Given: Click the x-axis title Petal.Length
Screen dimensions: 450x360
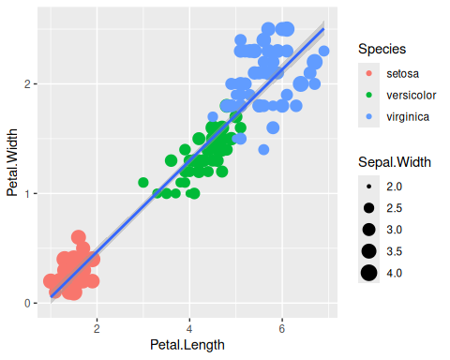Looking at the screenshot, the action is pyautogui.click(x=187, y=345).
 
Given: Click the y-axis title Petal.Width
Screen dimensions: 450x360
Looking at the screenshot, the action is pyautogui.click(x=12, y=162).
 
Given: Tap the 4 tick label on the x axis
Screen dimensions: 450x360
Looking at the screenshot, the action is pyautogui.click(x=189, y=329).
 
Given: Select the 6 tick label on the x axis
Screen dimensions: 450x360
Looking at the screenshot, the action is pyautogui.click(x=282, y=329).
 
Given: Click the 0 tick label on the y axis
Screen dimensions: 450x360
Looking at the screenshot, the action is pyautogui.click(x=27, y=303).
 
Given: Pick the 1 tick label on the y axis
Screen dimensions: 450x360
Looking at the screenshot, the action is pyautogui.click(x=27, y=194).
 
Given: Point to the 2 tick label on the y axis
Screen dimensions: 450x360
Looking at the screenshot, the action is pyautogui.click(x=27, y=84).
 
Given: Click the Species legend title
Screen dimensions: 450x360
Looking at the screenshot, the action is pyautogui.click(x=382, y=49).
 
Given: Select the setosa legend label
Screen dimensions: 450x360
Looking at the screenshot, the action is pyautogui.click(x=402, y=74).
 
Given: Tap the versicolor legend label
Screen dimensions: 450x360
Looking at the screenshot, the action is pyautogui.click(x=412, y=96).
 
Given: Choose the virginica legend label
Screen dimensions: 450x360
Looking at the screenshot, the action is pyautogui.click(x=408, y=117).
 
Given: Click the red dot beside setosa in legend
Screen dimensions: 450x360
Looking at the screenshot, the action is pyautogui.click(x=369, y=74).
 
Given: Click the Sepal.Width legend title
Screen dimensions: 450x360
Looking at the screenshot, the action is pyautogui.click(x=395, y=162).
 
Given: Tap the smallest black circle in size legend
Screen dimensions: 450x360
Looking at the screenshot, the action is pyautogui.click(x=369, y=187).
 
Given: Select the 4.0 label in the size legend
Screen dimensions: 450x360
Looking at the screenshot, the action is pyautogui.click(x=395, y=273).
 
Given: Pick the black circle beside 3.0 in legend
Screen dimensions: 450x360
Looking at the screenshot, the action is pyautogui.click(x=369, y=230).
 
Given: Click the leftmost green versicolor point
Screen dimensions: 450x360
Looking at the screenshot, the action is pyautogui.click(x=143, y=183).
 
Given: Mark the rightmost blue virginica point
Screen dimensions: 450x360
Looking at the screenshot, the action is pyautogui.click(x=323, y=51).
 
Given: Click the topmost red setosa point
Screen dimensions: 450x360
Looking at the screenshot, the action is pyautogui.click(x=79, y=237).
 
